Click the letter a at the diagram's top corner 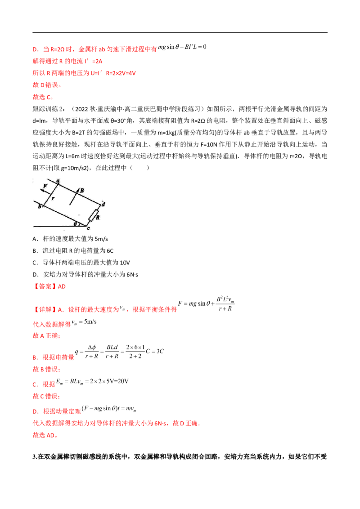(58, 181)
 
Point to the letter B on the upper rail (82, 191)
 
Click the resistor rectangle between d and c (94, 215)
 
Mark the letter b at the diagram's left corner (40, 207)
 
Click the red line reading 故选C (43, 97)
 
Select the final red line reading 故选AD (45, 436)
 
